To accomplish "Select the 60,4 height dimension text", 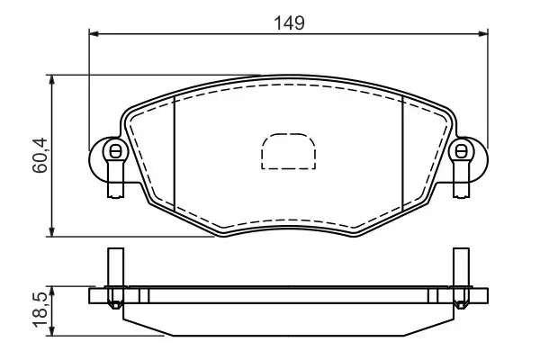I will coord(40,157).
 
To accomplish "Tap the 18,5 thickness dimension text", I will coord(40,311).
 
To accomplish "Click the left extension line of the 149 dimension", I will coord(89,90).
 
